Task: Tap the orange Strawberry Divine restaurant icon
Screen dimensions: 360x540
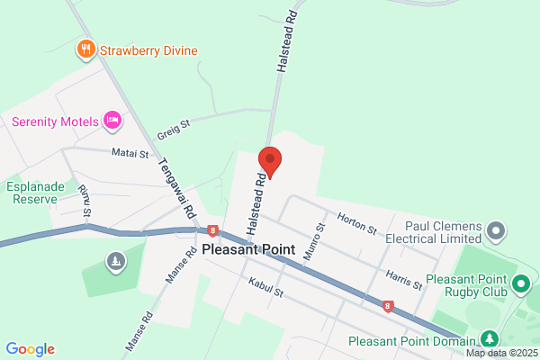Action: pos(86,49)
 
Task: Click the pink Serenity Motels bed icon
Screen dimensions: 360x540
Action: pos(112,120)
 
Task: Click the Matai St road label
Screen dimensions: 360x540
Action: pos(130,154)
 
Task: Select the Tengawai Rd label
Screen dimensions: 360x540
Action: pos(176,188)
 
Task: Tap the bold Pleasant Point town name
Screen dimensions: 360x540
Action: pos(247,250)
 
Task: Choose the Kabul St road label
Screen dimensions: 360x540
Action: pos(266,292)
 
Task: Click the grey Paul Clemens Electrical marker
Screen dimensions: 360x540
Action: pos(496,232)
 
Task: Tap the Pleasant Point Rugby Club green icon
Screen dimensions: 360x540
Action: pos(520,286)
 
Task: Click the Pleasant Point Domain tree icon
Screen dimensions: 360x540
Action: pos(489,339)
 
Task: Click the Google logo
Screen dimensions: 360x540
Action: pos(30,349)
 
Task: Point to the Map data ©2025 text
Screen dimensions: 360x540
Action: pos(502,354)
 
